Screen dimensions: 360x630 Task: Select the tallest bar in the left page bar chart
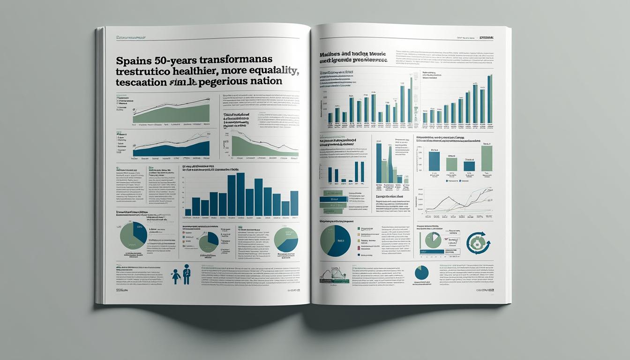(240, 194)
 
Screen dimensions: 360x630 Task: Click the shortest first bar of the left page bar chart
(188, 212)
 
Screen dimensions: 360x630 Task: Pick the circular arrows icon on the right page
(479, 243)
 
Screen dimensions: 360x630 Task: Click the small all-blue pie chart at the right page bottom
(421, 273)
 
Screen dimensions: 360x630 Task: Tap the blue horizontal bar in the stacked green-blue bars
(333, 200)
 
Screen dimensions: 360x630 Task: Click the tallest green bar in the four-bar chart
(487, 158)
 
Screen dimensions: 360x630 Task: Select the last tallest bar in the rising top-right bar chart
(490, 99)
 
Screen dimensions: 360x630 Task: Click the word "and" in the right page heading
(341, 54)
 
